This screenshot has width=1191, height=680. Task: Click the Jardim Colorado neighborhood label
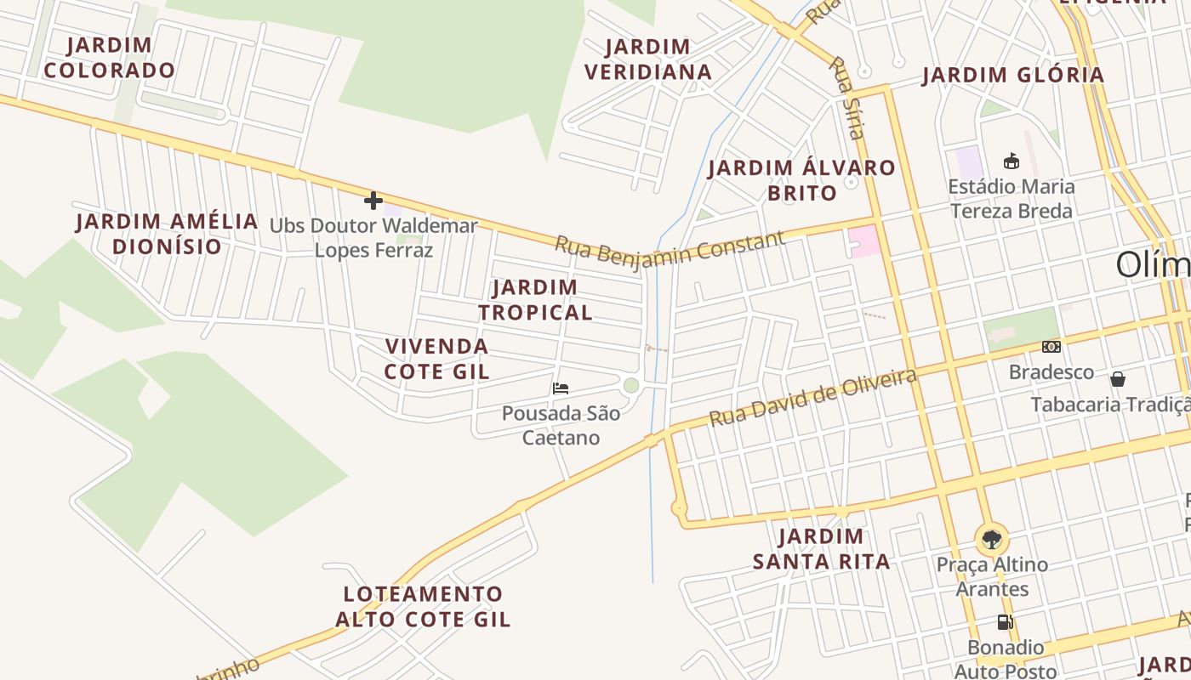pos(109,58)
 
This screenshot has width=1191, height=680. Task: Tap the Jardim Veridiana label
pos(648,59)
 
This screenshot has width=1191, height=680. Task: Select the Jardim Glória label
pos(1013,76)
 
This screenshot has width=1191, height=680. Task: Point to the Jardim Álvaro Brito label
pos(801,180)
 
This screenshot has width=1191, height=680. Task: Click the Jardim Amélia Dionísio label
pos(167,234)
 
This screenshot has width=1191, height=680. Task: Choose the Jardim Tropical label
pos(535,300)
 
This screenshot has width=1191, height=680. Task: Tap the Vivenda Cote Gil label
pos(436,359)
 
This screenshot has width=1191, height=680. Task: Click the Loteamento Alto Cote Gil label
pos(423,606)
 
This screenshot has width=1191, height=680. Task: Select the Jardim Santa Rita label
pos(821,549)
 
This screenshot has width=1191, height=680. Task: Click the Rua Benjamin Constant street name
pos(670,249)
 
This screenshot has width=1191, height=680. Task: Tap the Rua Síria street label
pos(847,98)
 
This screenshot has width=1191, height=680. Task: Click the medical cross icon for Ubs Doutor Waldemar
pos(373,201)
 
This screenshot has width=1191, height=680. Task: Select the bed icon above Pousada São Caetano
pos(560,388)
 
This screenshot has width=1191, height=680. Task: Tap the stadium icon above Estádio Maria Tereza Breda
pos(1011,161)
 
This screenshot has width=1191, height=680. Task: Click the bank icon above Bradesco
pos(1051,347)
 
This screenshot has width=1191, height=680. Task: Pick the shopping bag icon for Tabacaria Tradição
pos(1118,379)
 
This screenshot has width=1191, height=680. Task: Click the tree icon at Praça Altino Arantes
pos(991,539)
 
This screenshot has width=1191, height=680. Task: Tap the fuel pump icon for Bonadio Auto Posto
pos(1005,622)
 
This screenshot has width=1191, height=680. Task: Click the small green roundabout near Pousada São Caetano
pos(630,386)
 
